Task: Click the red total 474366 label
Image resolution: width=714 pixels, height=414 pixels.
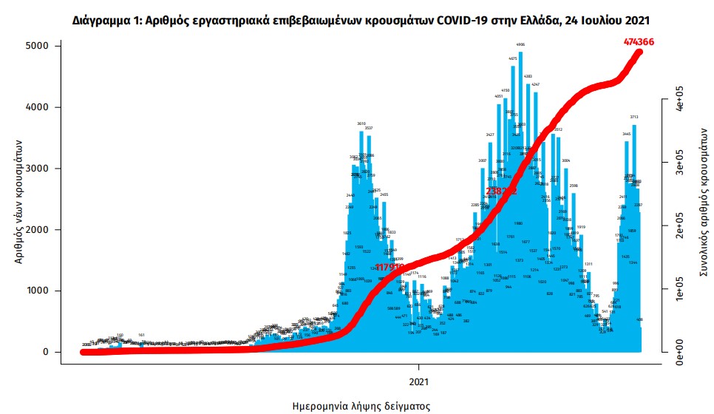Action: [x=639, y=42]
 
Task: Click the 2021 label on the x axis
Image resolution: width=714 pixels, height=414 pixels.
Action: [x=419, y=381]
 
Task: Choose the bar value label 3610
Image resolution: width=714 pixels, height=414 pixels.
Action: [x=361, y=123]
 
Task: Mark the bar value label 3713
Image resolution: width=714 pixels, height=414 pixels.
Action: [x=634, y=117]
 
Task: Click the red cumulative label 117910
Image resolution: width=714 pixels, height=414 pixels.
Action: [x=390, y=267]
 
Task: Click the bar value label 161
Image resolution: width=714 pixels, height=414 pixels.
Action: [x=141, y=335]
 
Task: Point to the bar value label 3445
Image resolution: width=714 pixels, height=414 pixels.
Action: [x=627, y=134]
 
